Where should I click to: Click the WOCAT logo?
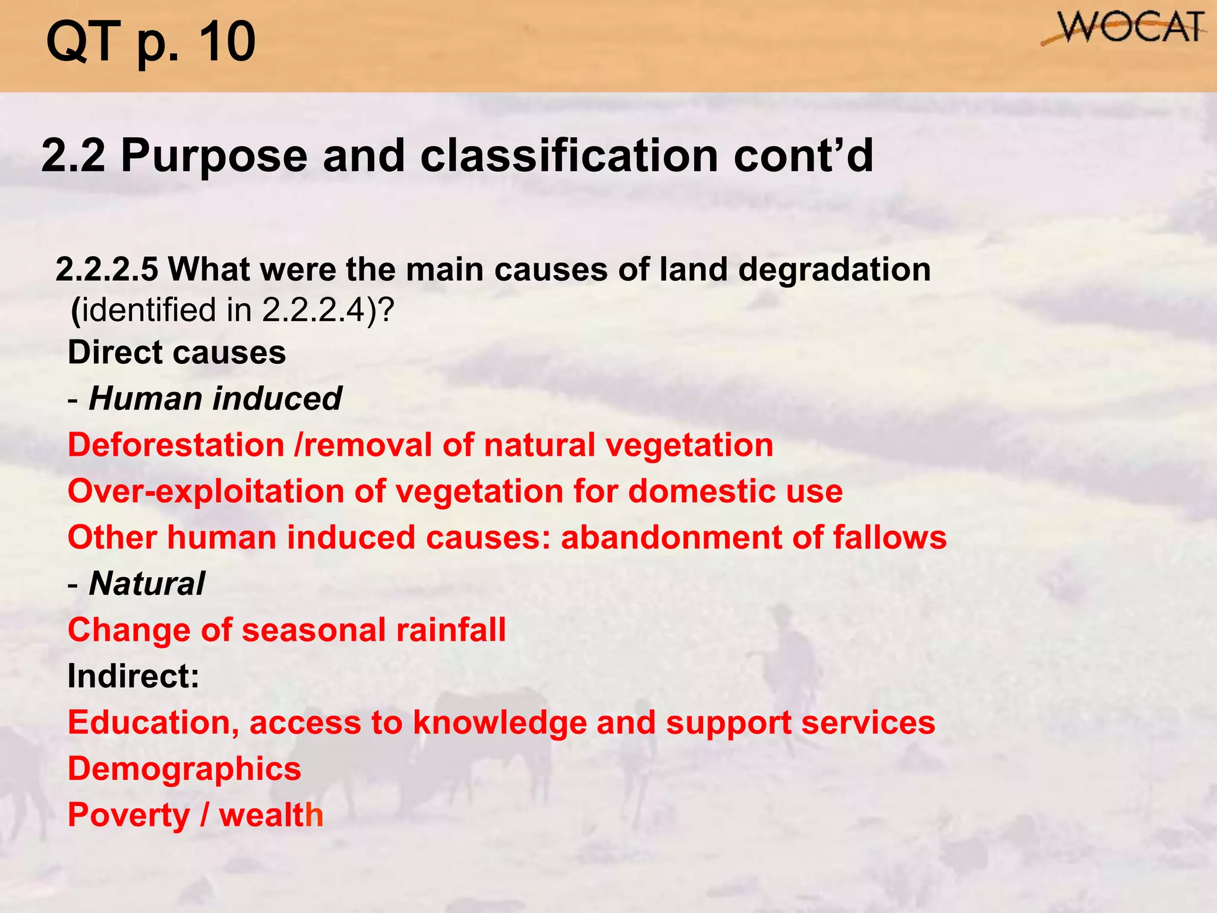tap(1123, 29)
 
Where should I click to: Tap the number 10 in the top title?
tap(226, 42)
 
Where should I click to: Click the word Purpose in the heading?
tap(215, 156)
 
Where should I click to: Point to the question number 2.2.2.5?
tap(107, 269)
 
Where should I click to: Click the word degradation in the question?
tap(834, 269)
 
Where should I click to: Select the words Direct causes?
tap(176, 352)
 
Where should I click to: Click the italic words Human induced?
tap(215, 398)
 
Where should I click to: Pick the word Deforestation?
tap(176, 445)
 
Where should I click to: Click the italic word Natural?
tap(147, 584)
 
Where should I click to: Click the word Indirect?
tap(133, 676)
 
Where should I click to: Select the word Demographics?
tap(184, 769)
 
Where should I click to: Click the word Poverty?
tap(128, 815)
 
